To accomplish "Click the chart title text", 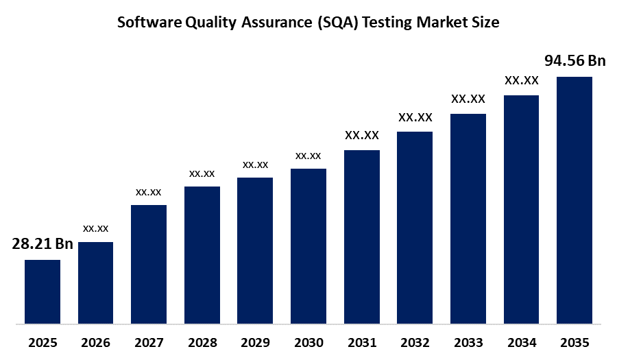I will point(308,22).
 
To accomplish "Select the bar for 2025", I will point(43,291).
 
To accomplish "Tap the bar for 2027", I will point(149,264).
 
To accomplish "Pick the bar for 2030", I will point(308,245).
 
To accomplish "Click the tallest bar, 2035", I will point(574,200).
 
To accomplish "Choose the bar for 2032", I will point(415,227).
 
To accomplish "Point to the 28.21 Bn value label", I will point(43,244).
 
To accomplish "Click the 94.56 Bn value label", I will point(575,61).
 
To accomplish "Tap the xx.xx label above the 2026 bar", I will point(96,228).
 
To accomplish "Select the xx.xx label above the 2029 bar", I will point(255,165).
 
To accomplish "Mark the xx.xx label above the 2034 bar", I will point(521,80).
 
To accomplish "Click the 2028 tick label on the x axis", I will point(202,342).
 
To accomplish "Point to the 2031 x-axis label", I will point(361,342).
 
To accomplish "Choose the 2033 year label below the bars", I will point(468,342).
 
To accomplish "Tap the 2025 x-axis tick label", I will point(43,342).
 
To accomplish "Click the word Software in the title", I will point(146,22).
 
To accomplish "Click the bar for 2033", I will point(468,218).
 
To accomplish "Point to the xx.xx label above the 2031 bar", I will point(362,135).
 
